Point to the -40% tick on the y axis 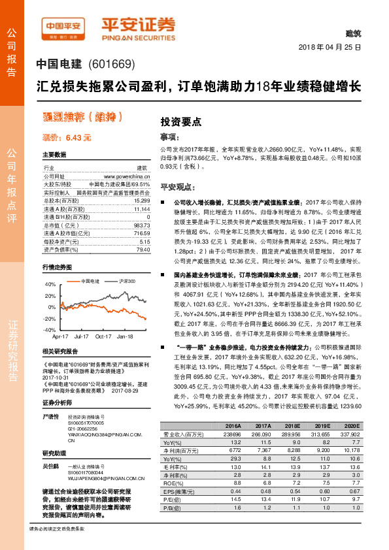(x=50, y=330)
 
